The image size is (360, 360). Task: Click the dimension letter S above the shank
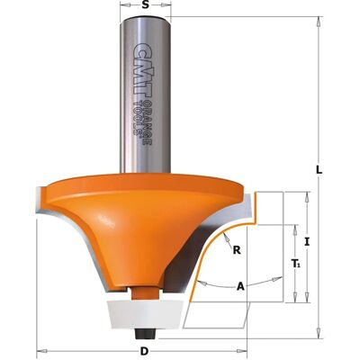pyautogui.click(x=146, y=5)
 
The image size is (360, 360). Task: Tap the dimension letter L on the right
pyautogui.click(x=319, y=171)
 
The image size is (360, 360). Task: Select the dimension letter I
pyautogui.click(x=307, y=242)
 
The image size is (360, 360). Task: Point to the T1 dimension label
pyautogui.click(x=295, y=264)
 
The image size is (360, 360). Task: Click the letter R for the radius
pyautogui.click(x=237, y=250)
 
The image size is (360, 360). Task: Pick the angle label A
pyautogui.click(x=240, y=287)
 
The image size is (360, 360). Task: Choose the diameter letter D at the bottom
pyautogui.click(x=145, y=351)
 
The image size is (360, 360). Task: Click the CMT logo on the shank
pyautogui.click(x=142, y=70)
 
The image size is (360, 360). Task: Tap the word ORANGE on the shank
pyautogui.click(x=147, y=124)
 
